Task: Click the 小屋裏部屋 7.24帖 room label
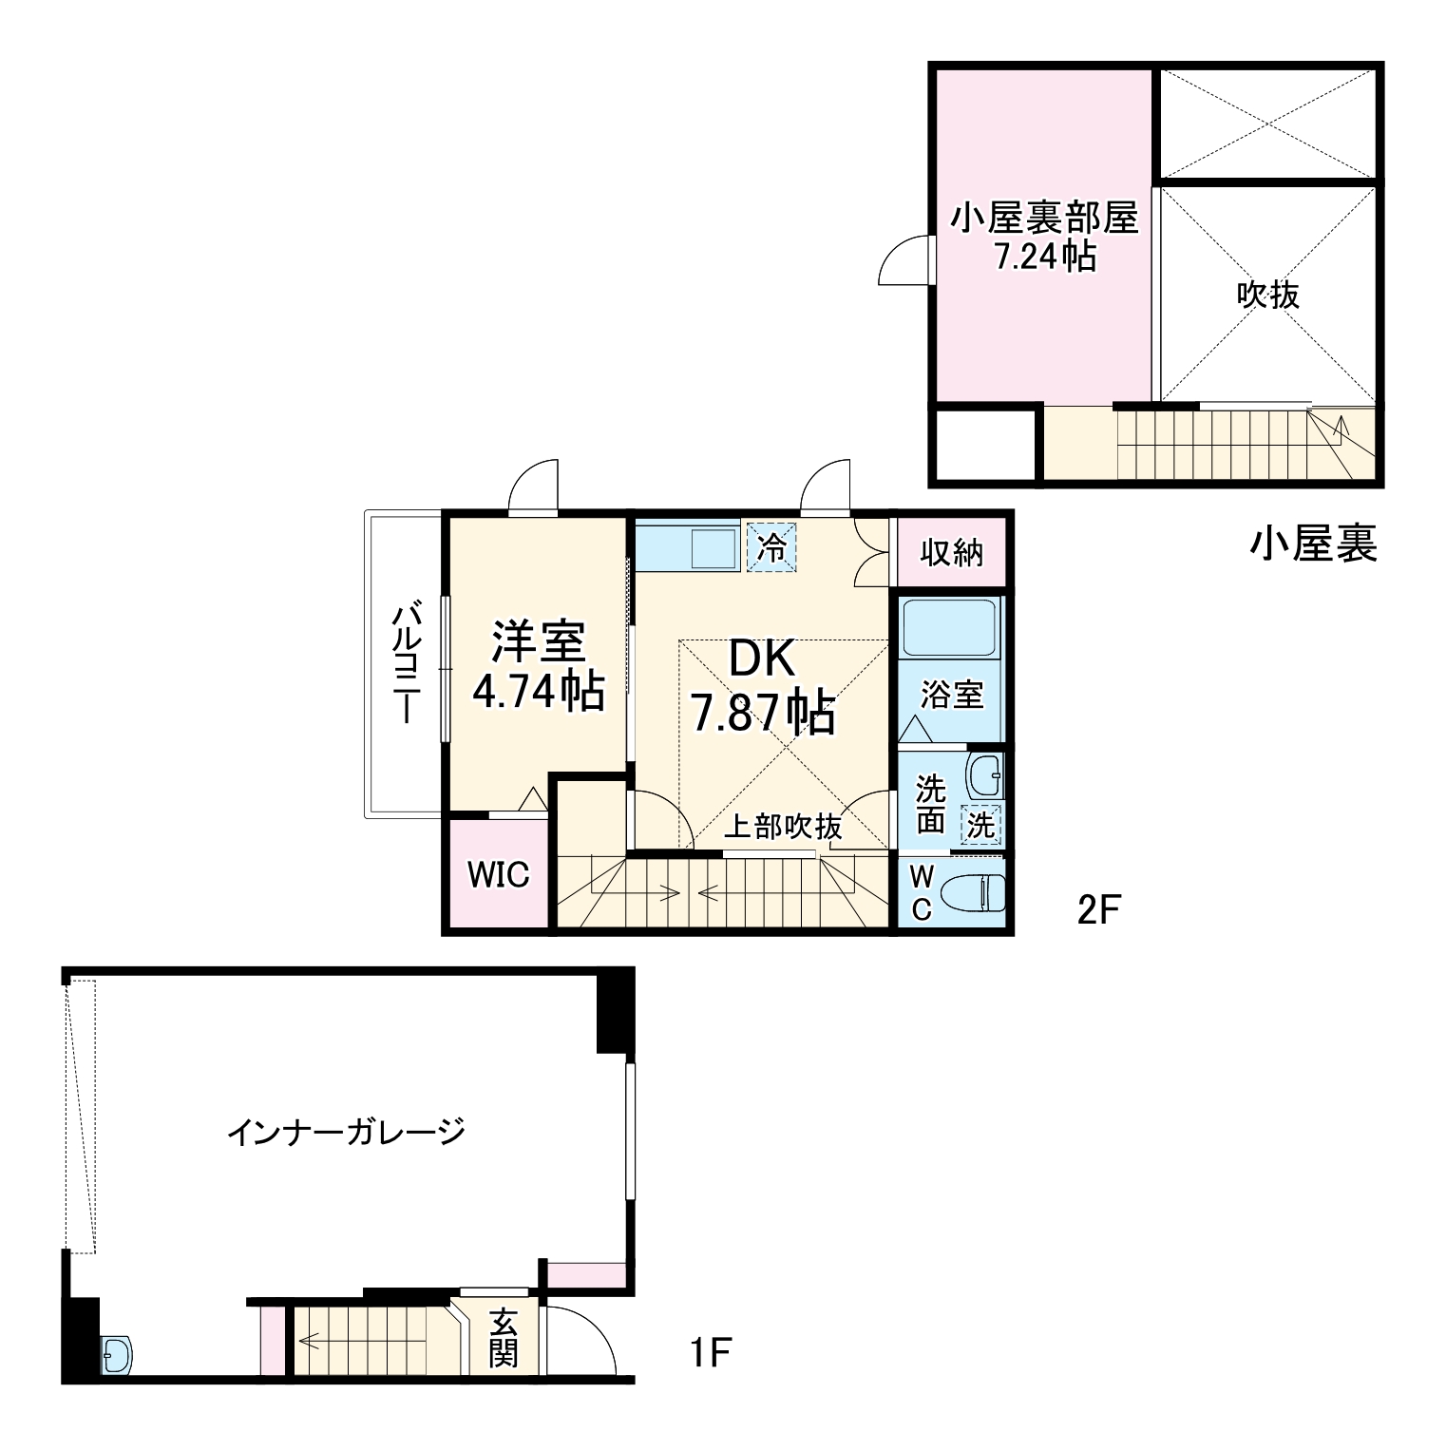(1044, 238)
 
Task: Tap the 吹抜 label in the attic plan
(1267, 295)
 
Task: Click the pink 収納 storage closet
(950, 553)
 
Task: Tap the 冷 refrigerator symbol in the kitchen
(771, 547)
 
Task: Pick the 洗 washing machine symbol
(980, 825)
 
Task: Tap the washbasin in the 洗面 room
(985, 775)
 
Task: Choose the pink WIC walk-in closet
(498, 874)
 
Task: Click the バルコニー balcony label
(406, 661)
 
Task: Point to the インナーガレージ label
(347, 1132)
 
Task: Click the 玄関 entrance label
(503, 1338)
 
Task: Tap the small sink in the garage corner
(117, 1353)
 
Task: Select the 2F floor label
(1099, 910)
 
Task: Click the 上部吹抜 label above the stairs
(783, 827)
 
